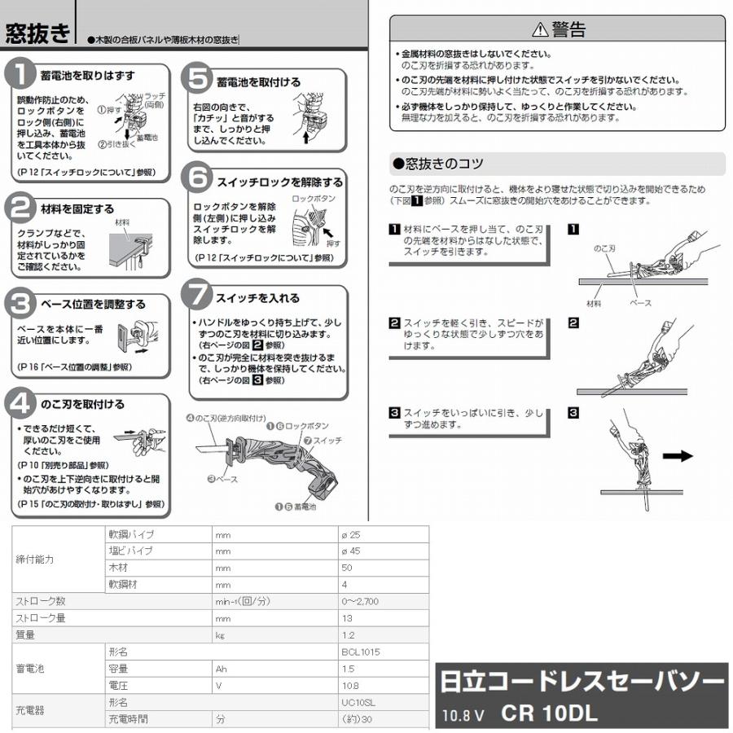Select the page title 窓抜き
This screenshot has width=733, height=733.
(37, 33)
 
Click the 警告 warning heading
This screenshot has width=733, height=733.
(568, 30)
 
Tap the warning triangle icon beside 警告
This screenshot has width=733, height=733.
(539, 31)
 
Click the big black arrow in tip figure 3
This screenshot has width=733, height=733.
(677, 455)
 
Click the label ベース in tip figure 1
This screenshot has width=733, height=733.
(640, 301)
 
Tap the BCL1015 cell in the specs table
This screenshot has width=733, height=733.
(361, 652)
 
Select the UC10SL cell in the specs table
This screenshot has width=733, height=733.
(358, 701)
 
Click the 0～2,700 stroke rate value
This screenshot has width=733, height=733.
(360, 602)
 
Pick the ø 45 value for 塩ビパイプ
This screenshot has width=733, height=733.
(350, 551)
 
